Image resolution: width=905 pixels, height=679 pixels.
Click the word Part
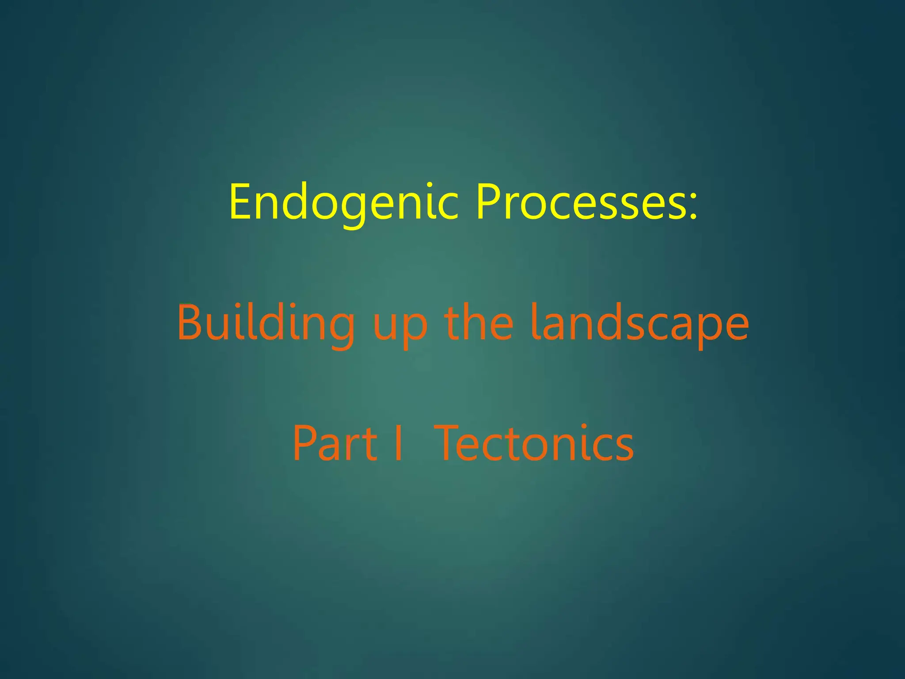335,443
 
